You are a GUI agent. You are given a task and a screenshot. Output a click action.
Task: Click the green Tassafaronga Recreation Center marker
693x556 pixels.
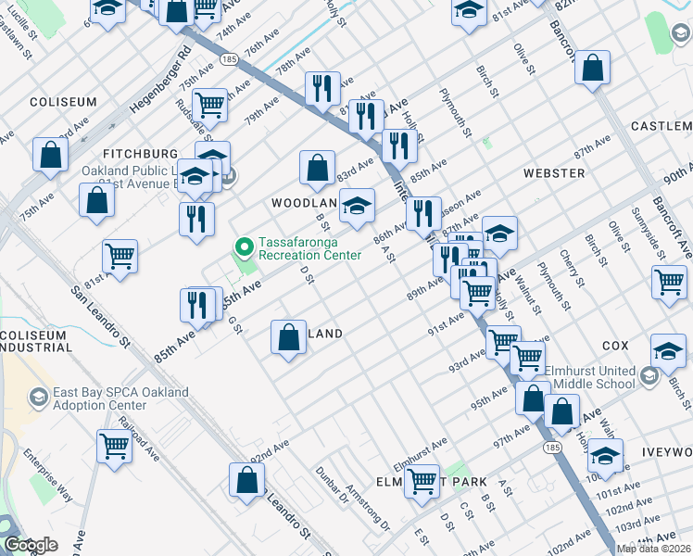[x=245, y=246]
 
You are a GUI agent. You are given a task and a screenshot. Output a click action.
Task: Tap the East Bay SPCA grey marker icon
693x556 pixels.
[x=39, y=398]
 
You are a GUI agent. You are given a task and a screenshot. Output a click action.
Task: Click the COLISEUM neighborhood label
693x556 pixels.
[x=63, y=102]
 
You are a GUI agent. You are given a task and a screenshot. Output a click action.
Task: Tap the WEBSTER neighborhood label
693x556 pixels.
[x=553, y=173]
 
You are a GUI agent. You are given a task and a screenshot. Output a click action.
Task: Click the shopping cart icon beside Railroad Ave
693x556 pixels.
[x=114, y=447]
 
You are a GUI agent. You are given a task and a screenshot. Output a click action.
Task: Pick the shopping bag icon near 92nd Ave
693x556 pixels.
[x=246, y=481]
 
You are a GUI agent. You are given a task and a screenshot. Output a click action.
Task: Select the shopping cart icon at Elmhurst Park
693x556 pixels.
[x=422, y=480]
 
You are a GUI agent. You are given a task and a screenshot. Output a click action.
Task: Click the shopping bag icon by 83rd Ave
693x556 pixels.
[x=317, y=168]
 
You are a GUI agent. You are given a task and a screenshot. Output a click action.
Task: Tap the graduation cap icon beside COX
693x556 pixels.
[x=668, y=350]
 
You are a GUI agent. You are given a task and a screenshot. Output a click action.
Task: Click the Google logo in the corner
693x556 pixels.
[x=31, y=545]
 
